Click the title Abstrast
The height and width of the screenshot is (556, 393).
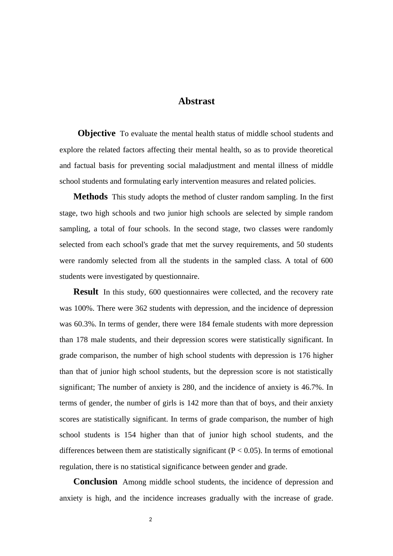[x=196, y=101]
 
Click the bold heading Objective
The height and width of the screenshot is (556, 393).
[x=96, y=133]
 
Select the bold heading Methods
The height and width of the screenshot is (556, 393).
[x=90, y=197]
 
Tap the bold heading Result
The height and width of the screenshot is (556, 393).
[x=86, y=292]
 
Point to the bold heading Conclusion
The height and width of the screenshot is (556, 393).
[x=95, y=482]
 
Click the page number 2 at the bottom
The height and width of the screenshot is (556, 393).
[x=151, y=520]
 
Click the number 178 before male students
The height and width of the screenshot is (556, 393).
[x=81, y=340]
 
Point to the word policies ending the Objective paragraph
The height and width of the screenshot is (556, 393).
[x=302, y=181]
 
